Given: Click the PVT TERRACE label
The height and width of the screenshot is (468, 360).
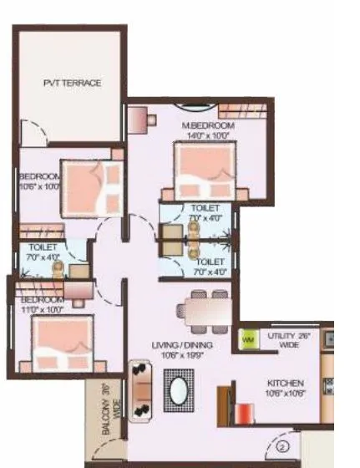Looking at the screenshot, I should pyautogui.click(x=73, y=84).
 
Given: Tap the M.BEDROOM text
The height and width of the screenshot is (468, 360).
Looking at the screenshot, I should pyautogui.click(x=209, y=125).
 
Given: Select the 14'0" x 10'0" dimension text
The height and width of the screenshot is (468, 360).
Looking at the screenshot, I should pyautogui.click(x=209, y=135).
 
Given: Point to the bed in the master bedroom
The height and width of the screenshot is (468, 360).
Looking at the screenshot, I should pyautogui.click(x=205, y=171).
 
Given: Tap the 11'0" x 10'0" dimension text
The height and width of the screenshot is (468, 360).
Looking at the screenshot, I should pyautogui.click(x=42, y=309).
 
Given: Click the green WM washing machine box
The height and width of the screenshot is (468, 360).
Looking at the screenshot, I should pyautogui.click(x=248, y=340).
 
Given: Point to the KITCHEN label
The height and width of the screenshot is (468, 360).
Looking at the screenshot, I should pyautogui.click(x=282, y=383).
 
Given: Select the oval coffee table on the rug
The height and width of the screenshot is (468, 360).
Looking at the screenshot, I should pyautogui.click(x=179, y=390).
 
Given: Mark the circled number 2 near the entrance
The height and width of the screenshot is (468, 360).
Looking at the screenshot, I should pyautogui.click(x=283, y=447).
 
